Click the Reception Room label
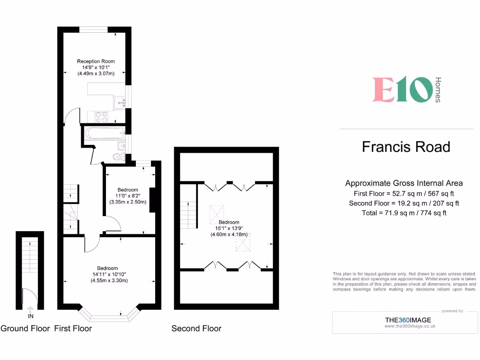pos(96,61)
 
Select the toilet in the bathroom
pos(118,157)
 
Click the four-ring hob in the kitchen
pos(102,116)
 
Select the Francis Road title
pos(406,147)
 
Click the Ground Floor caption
pos(25,329)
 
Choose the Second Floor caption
pos(196,329)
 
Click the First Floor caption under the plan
pos(73,329)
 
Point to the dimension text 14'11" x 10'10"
pos(109,274)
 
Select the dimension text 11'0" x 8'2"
pos(128,196)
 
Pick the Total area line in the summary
pos(404,213)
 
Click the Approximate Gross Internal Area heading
pos(404,183)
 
